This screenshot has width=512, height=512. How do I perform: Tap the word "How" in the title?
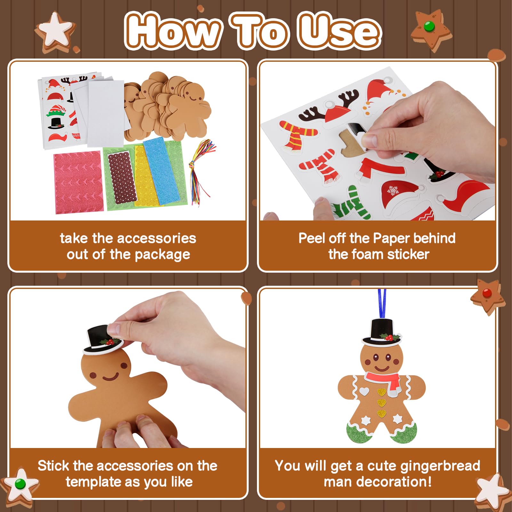173,31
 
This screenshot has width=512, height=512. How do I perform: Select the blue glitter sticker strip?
160,169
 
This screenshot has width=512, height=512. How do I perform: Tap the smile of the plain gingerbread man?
110,377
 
